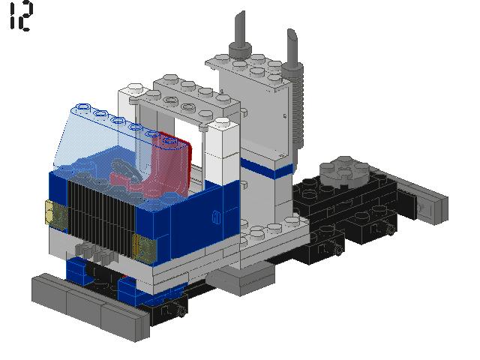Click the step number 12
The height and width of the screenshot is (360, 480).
[20, 16]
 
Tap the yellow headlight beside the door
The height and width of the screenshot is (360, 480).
[143, 247]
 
